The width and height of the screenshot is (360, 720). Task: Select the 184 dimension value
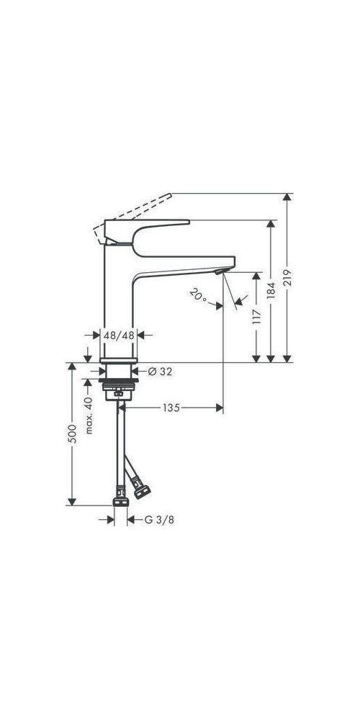point(271,290)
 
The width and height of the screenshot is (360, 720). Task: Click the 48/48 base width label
point(120,335)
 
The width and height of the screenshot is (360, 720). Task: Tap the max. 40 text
point(89,414)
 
